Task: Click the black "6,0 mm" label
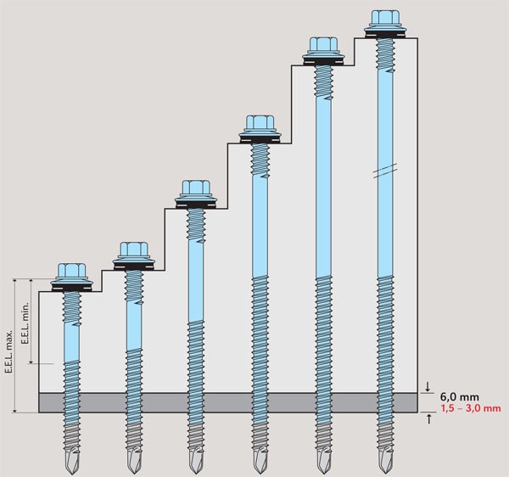point(459,397)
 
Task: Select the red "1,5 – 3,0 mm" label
point(471,408)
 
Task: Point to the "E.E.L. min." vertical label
point(25,323)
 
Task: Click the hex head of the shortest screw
point(72,271)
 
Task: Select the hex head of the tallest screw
point(385,18)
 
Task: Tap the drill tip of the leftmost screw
point(72,457)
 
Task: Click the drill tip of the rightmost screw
point(385,457)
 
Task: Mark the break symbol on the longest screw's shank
point(385,171)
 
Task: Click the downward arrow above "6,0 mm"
point(428,386)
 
